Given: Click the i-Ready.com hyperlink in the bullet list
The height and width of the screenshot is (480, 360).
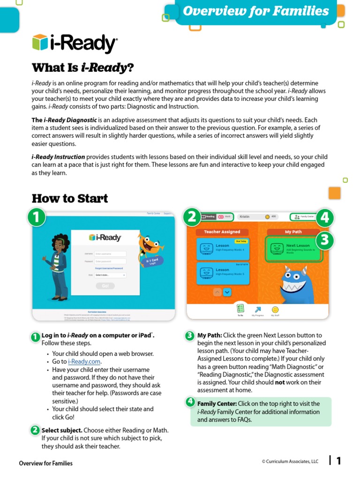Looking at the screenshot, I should (x=84, y=362).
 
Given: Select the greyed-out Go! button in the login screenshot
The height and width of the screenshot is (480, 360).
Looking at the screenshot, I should (x=105, y=285).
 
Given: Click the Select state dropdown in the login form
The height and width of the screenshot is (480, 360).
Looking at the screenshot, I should (x=110, y=275).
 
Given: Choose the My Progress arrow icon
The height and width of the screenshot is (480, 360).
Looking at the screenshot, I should (x=257, y=309).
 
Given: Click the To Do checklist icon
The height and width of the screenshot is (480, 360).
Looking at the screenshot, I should (x=240, y=308).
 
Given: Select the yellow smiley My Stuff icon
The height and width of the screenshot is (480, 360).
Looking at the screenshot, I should (x=275, y=309).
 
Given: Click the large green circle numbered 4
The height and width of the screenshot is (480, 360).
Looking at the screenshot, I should (x=324, y=217).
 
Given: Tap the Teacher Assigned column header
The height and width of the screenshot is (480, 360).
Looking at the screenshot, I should (x=222, y=232).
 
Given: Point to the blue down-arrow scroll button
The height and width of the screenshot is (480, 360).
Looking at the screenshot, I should (x=227, y=292).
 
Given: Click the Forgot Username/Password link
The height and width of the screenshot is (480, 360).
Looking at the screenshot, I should (x=109, y=268).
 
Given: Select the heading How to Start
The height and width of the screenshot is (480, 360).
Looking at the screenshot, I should (x=70, y=198).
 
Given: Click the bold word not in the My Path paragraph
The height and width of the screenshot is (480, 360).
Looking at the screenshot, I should (x=280, y=382).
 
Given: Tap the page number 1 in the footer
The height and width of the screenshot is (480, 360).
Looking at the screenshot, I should (x=338, y=461).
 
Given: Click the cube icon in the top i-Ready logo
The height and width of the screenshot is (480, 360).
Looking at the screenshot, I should (x=40, y=42).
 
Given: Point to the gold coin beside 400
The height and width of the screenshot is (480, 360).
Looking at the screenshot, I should (x=267, y=217).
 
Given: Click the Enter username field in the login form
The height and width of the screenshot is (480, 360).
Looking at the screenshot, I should (x=110, y=254).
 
